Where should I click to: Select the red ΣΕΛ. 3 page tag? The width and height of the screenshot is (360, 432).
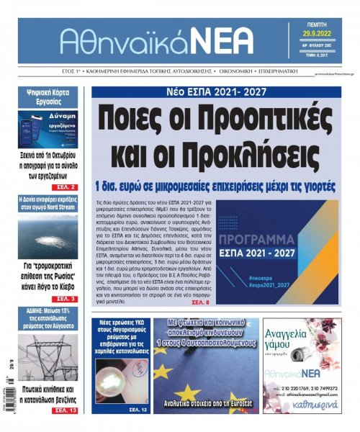click(76, 297)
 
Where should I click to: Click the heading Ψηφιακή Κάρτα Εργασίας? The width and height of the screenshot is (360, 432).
click(53, 98)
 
